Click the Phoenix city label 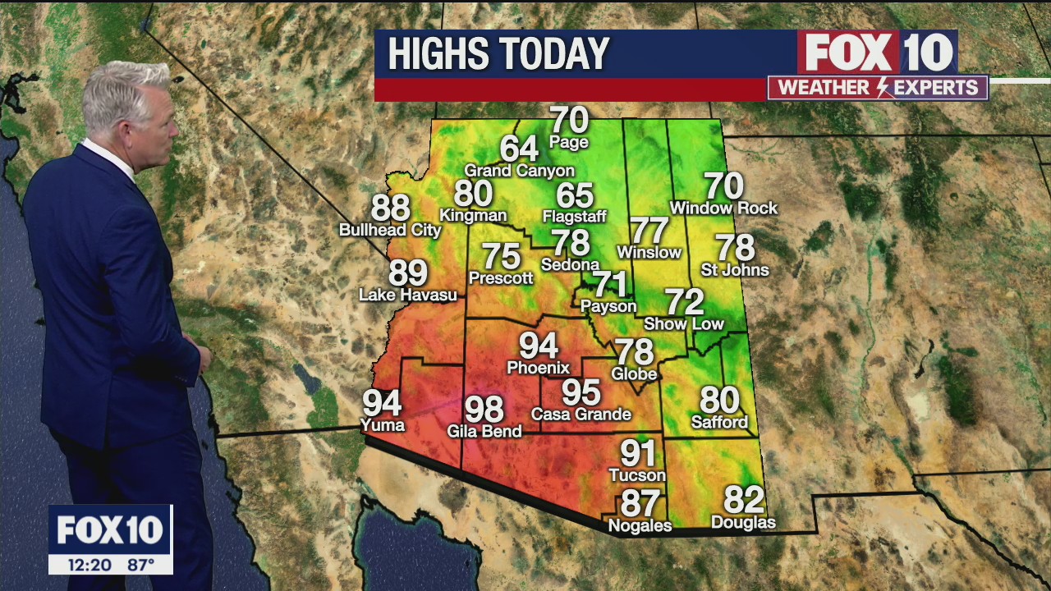[x=538, y=368]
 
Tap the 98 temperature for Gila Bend [x=484, y=409]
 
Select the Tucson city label [x=637, y=475]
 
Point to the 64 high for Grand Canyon [x=519, y=149]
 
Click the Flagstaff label [x=575, y=217]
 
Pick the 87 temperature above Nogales [x=640, y=503]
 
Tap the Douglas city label [x=743, y=522]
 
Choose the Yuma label [x=383, y=425]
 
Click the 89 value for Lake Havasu [x=408, y=273]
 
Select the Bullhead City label [x=390, y=231]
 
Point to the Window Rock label [x=723, y=208]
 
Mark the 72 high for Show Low [x=684, y=302]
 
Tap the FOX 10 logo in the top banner [x=877, y=53]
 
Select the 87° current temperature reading [x=140, y=565]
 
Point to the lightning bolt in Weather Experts [x=883, y=88]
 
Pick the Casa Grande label [x=581, y=415]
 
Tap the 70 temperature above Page [x=569, y=121]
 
